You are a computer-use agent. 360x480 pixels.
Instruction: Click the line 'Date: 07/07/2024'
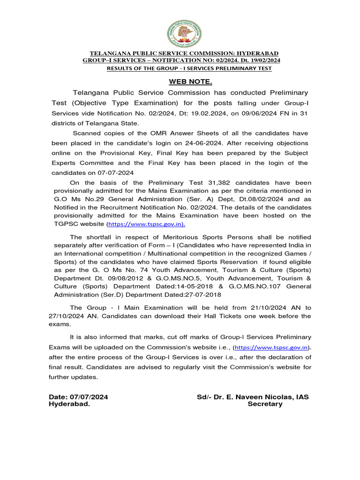tap(79, 397)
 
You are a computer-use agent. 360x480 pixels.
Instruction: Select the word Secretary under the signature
tap(265, 404)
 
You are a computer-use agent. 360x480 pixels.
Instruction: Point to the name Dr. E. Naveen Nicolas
tap(248, 397)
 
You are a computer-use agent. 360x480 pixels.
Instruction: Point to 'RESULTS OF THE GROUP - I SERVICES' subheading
tap(189, 68)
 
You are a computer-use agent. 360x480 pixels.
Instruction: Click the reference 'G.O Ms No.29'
tap(76, 199)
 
